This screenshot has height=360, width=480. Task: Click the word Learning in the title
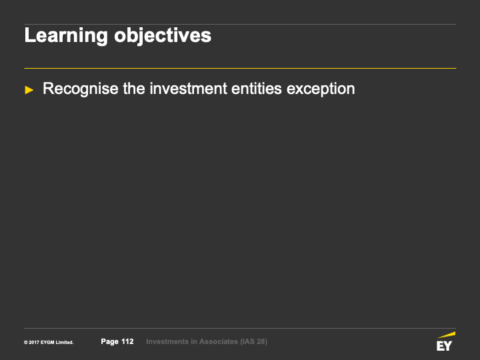(66, 35)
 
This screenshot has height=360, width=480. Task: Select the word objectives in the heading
(163, 35)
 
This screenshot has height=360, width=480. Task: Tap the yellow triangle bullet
(29, 90)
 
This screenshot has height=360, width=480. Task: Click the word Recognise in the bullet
(81, 89)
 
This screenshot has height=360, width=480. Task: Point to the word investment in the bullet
(188, 89)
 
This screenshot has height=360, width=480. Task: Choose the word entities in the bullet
(257, 89)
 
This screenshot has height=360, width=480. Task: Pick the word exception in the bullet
(321, 89)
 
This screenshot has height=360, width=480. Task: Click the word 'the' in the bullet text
(134, 89)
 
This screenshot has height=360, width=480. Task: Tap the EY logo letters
(444, 346)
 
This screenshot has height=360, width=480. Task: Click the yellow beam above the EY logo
(447, 335)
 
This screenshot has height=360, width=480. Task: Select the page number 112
(127, 341)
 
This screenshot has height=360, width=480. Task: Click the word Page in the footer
(109, 341)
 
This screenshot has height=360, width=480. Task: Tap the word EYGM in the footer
(47, 343)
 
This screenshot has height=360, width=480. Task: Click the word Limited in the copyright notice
(65, 343)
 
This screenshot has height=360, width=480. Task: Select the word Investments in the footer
(167, 341)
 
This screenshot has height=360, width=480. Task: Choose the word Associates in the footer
(219, 341)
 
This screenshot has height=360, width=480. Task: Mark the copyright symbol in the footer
(26, 343)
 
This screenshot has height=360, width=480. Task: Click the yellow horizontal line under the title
(240, 68)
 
